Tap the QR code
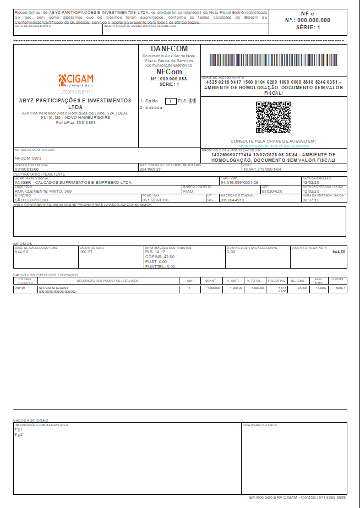(x=273, y=117)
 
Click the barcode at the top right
(x=274, y=61)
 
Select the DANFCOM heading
(x=169, y=49)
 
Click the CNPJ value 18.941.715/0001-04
(x=262, y=170)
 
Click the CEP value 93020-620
(x=272, y=191)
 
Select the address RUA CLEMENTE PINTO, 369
(x=43, y=191)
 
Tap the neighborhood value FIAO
(x=188, y=191)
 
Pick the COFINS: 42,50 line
(x=160, y=257)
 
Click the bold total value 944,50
(x=339, y=252)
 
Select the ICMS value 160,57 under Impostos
(x=86, y=252)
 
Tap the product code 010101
(x=20, y=288)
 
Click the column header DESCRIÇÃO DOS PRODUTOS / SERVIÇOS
(x=107, y=281)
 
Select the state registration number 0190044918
(x=232, y=200)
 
